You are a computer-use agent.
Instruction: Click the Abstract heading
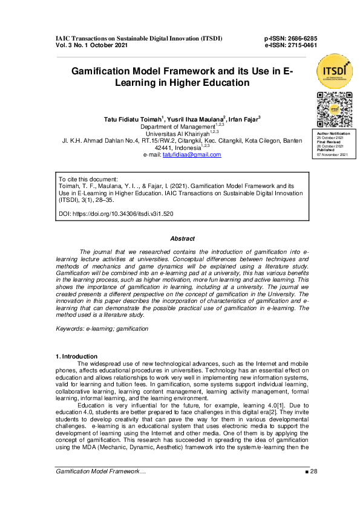click(182, 239)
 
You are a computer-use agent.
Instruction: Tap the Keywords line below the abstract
click(102, 328)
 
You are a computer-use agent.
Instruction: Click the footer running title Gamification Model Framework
click(100, 487)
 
